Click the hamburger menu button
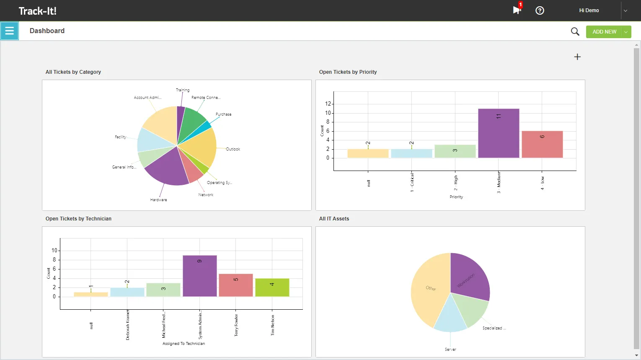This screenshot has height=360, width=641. pos(9,31)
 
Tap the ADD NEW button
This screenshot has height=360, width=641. pos(604,32)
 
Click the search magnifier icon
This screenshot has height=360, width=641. pos(575,31)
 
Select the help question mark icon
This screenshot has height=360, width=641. pos(540,10)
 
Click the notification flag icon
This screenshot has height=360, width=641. pos(517,10)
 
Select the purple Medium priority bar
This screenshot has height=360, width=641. pos(499,133)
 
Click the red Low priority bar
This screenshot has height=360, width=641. pos(542,145)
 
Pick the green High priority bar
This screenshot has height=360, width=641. pos(455,151)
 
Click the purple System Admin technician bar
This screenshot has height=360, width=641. pos(200,276)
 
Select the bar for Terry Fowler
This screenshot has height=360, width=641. pos(236,285)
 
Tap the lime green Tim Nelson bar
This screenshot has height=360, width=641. pos(272,287)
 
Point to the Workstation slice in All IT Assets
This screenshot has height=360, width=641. pos(468,277)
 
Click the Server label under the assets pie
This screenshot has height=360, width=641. pos(450,349)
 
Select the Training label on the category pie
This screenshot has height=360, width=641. pos(182,90)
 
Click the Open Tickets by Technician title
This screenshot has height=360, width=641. pos(78,219)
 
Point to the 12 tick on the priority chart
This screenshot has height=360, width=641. pos(328,104)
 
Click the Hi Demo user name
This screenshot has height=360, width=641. pos(589,10)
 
